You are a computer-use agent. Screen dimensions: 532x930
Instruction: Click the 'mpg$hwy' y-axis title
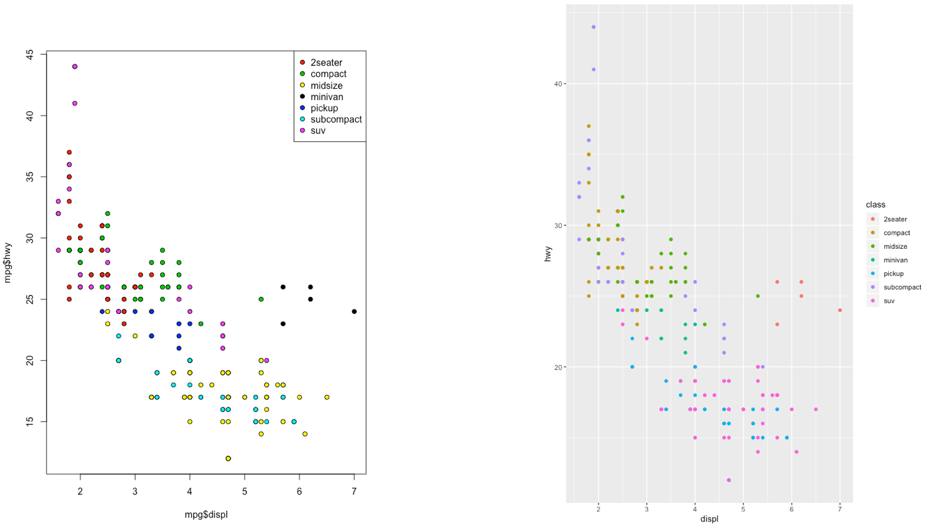(x=8, y=263)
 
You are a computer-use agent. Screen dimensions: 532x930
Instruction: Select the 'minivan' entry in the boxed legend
(x=326, y=97)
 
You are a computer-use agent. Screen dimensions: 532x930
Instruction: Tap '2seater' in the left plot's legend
(x=326, y=63)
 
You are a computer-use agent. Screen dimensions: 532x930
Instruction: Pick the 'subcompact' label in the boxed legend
(x=336, y=119)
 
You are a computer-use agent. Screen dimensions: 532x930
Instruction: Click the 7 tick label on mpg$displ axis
(x=354, y=491)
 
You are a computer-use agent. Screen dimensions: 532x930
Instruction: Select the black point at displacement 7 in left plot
(x=354, y=311)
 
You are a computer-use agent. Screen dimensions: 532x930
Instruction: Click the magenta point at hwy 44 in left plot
(x=74, y=66)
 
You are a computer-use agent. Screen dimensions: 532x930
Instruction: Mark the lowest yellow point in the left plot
(x=228, y=458)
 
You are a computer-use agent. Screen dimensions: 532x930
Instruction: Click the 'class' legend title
(x=875, y=204)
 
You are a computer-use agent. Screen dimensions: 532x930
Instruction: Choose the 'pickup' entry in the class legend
(x=893, y=274)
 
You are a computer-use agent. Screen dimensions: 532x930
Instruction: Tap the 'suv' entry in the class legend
(x=889, y=301)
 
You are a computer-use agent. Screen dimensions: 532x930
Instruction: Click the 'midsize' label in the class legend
(x=895, y=246)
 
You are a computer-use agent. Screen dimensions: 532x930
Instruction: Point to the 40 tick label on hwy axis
(x=558, y=84)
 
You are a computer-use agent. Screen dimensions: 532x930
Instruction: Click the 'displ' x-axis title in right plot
(x=709, y=519)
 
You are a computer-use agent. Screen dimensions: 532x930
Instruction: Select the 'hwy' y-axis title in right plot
(x=548, y=253)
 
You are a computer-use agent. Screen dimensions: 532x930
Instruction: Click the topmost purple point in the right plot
(x=593, y=27)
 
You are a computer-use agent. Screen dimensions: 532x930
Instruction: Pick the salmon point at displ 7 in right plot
(x=839, y=310)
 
